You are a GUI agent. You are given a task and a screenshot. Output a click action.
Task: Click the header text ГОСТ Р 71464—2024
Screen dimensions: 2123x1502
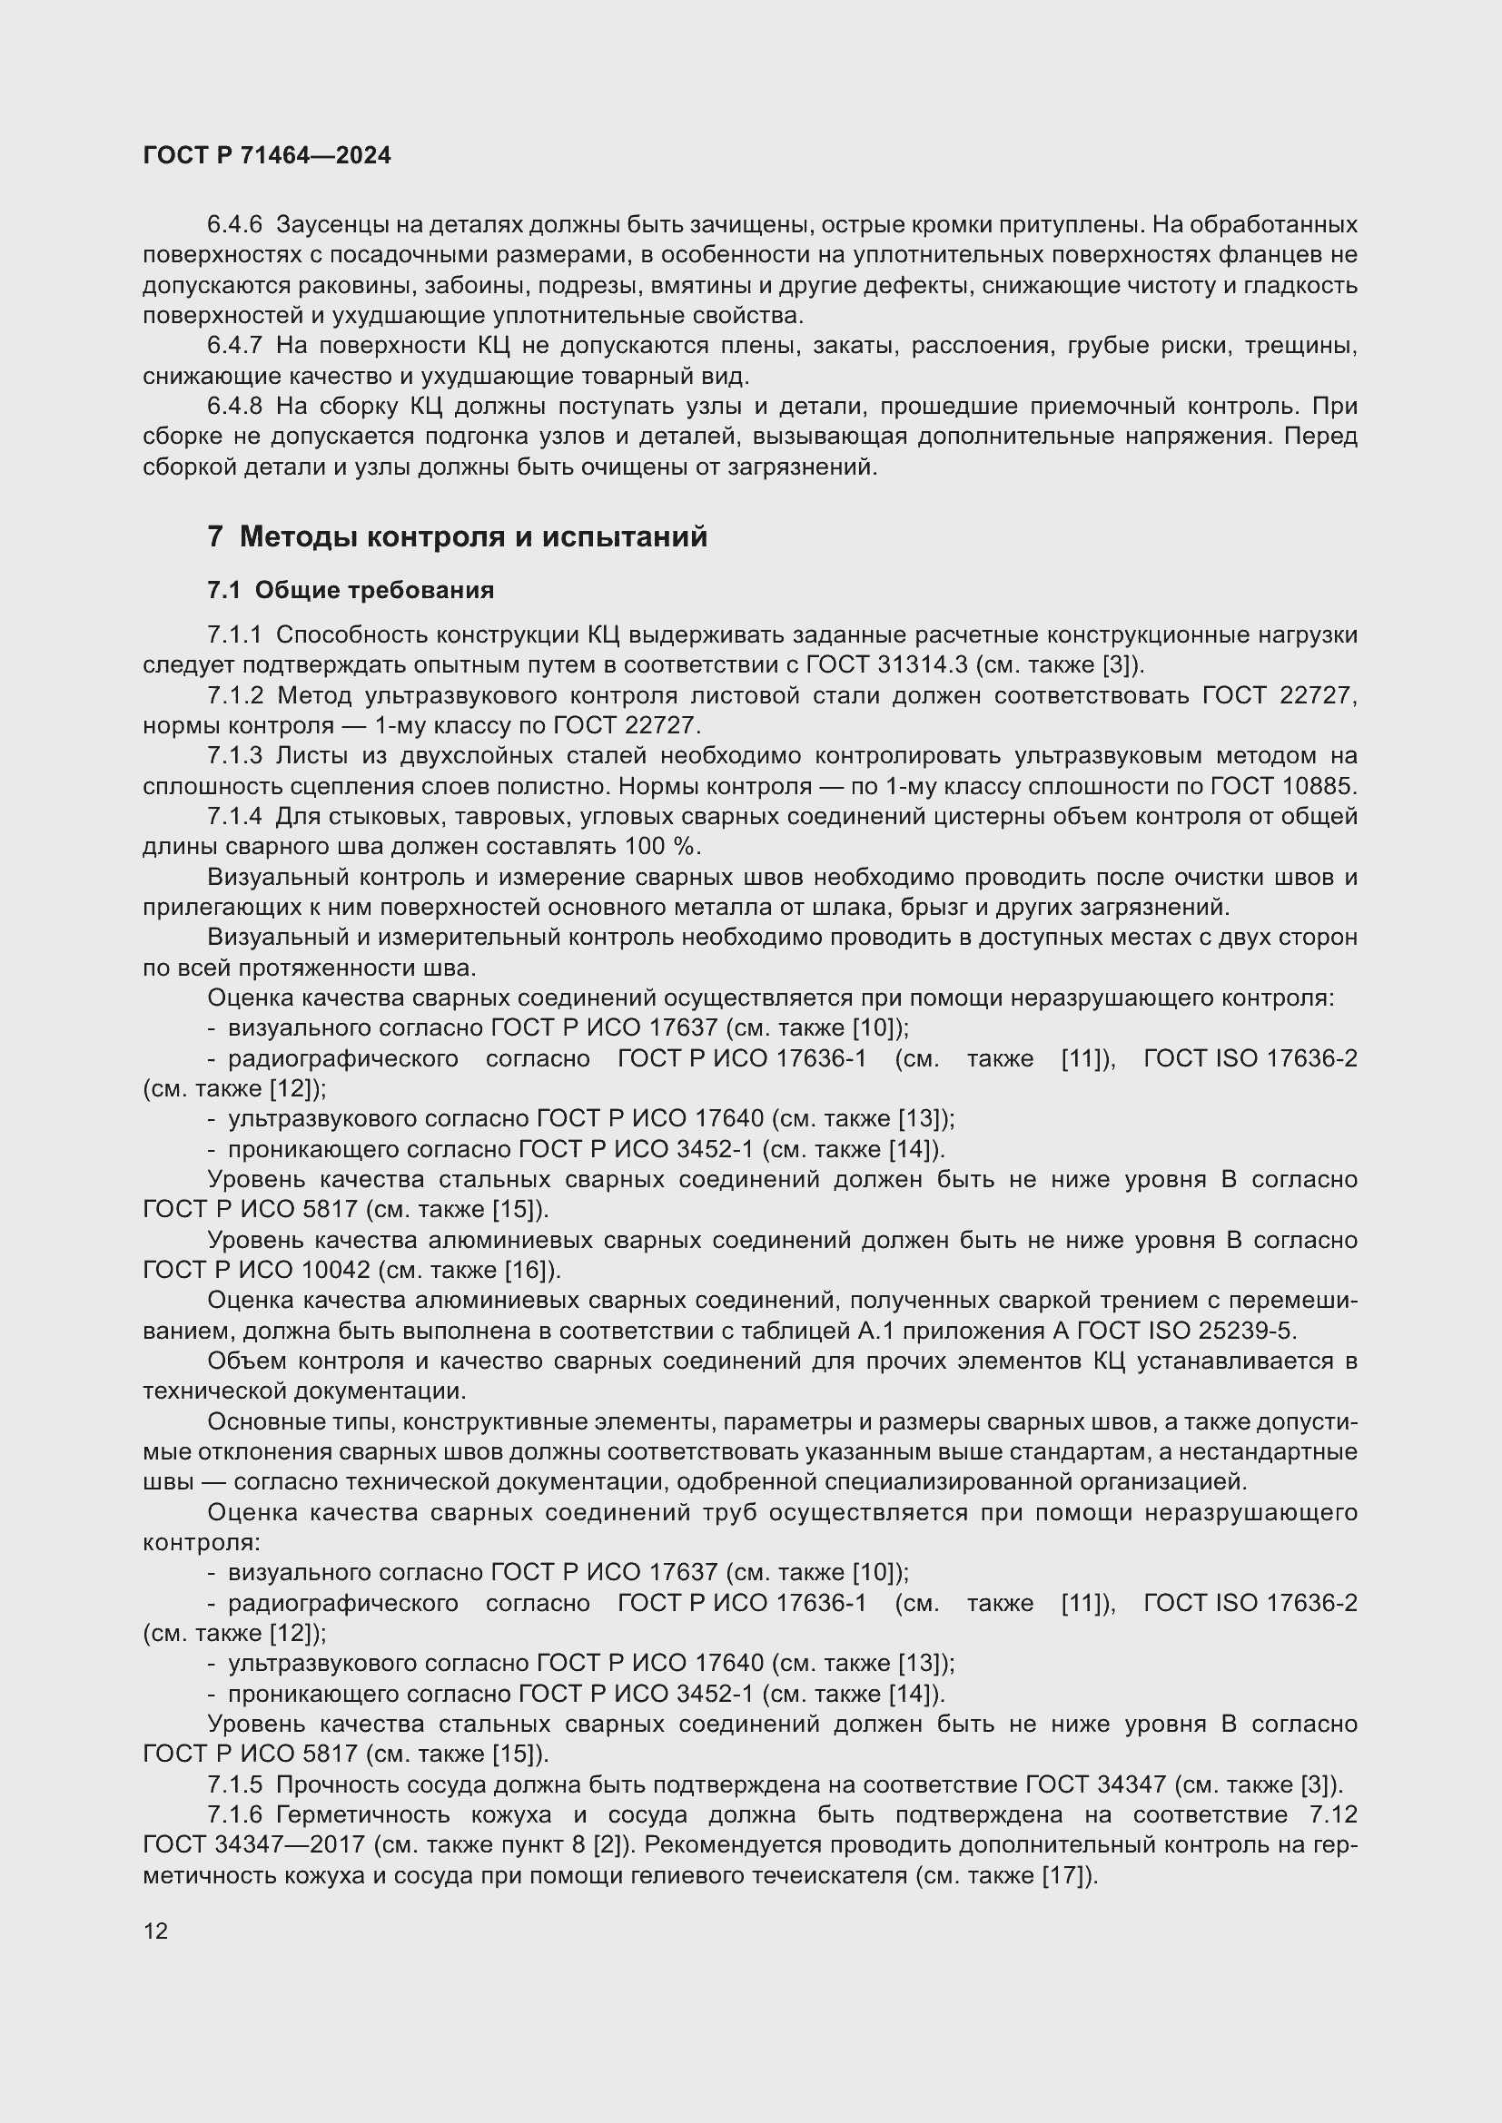pos(266,155)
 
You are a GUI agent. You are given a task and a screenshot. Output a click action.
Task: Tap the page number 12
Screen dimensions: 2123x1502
pos(155,1931)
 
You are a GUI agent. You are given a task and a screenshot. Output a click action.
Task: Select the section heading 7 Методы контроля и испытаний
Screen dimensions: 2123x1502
pos(457,536)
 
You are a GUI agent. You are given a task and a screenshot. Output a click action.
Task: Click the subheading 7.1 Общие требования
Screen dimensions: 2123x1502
pos(351,590)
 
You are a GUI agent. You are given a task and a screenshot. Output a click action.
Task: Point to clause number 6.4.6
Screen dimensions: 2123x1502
pos(235,225)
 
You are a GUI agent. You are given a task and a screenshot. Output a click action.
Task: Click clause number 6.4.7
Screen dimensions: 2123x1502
pos(235,346)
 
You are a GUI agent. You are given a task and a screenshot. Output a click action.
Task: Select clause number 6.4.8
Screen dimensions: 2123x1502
pos(235,406)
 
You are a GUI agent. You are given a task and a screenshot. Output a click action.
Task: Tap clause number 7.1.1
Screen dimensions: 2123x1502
pos(235,635)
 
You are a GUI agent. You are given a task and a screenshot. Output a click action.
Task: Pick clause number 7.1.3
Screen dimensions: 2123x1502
pos(235,756)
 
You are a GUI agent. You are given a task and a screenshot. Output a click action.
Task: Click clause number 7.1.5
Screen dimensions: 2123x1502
pos(235,1784)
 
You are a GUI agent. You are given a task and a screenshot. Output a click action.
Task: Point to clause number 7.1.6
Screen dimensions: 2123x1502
pos(235,1814)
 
